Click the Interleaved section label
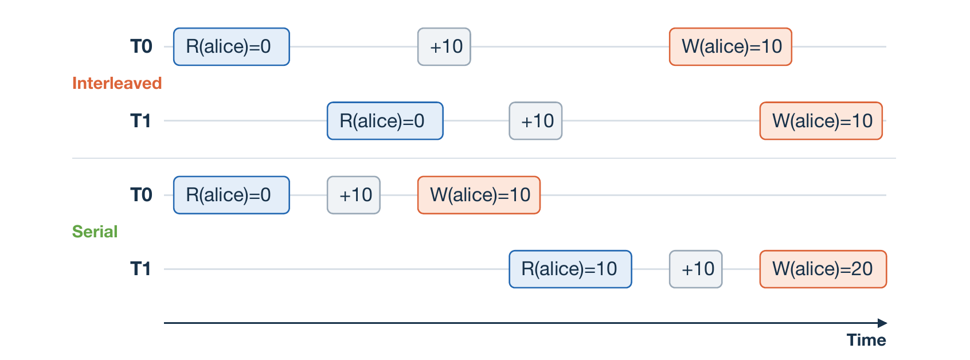pos(117,83)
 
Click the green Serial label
pos(95,232)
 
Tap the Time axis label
pos(866,340)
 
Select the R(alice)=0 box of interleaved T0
pos(232,47)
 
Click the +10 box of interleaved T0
pos(444,47)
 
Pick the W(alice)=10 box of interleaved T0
pos(730,47)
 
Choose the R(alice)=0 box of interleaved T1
pos(385,121)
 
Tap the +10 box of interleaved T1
pos(535,121)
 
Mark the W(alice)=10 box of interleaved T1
pos(821,121)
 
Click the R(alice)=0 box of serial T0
pos(232,195)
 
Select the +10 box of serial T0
pos(354,195)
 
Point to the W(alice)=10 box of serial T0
pos(479,195)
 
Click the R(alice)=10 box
pos(570,269)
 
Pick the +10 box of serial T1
pos(696,269)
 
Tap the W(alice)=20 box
pos(823,269)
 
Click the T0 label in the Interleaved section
pos(141,47)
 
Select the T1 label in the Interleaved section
pos(140,121)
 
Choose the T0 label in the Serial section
pos(141,195)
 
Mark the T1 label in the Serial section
pos(140,269)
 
